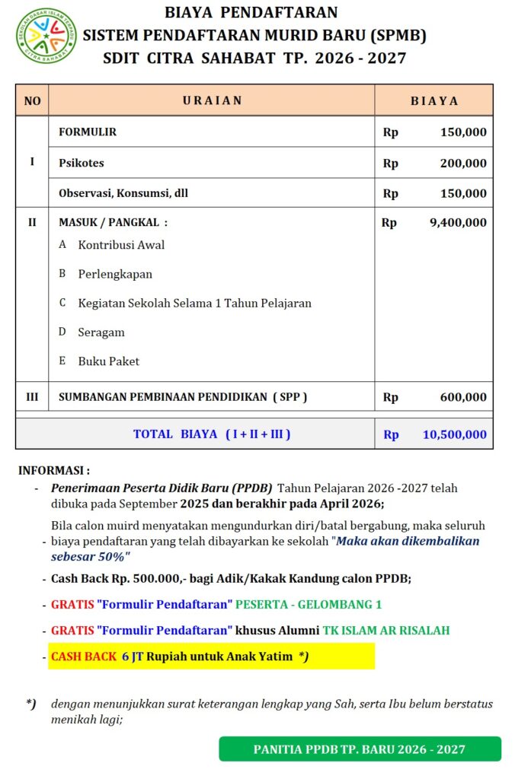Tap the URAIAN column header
[x=212, y=100]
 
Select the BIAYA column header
[x=434, y=100]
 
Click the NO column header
[x=32, y=100]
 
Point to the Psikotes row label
[x=82, y=163]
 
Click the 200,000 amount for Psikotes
[x=463, y=163]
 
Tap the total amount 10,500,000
[x=455, y=434]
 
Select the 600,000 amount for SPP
[x=463, y=397]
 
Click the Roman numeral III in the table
[x=32, y=397]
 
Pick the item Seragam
[x=101, y=332]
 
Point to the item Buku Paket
[x=108, y=361]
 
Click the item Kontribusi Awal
[x=121, y=245]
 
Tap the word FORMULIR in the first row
[x=88, y=132]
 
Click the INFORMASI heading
[x=54, y=471]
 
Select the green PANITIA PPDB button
[x=360, y=749]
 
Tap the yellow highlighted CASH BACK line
[x=212, y=656]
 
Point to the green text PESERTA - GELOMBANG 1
[x=309, y=605]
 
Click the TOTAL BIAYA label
[x=212, y=434]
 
